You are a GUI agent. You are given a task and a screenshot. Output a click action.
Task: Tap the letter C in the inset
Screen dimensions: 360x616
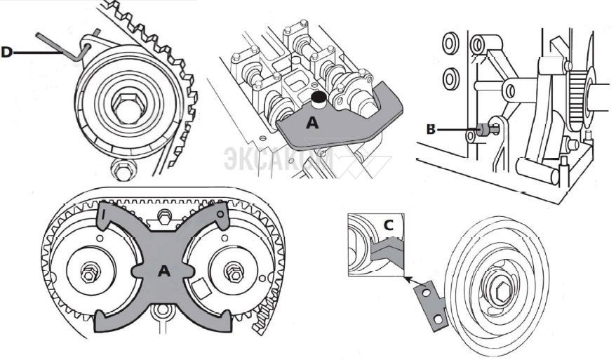coord(388,225)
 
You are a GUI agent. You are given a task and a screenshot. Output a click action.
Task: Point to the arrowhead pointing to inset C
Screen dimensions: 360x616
coord(407,279)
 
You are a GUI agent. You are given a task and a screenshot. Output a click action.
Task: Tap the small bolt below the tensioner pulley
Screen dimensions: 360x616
coord(119,168)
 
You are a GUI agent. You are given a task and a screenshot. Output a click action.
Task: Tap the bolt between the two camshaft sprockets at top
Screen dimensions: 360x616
coord(164,215)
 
